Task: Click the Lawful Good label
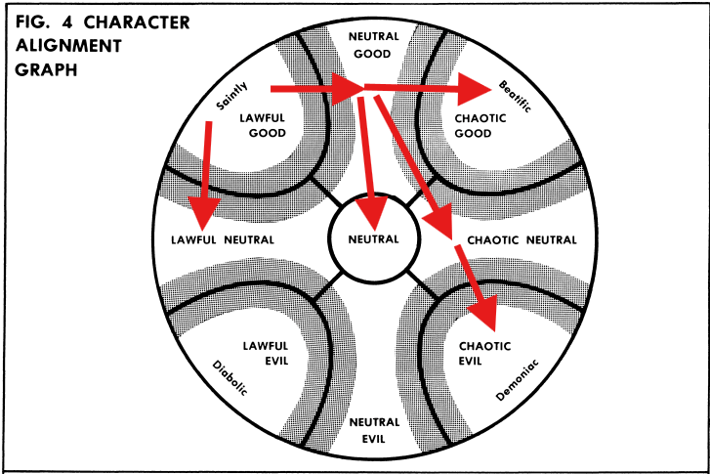click(263, 123)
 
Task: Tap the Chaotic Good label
click(475, 124)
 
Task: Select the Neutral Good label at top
click(373, 44)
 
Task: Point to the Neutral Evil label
click(373, 429)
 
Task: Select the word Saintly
click(226, 99)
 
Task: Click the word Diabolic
click(230, 379)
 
